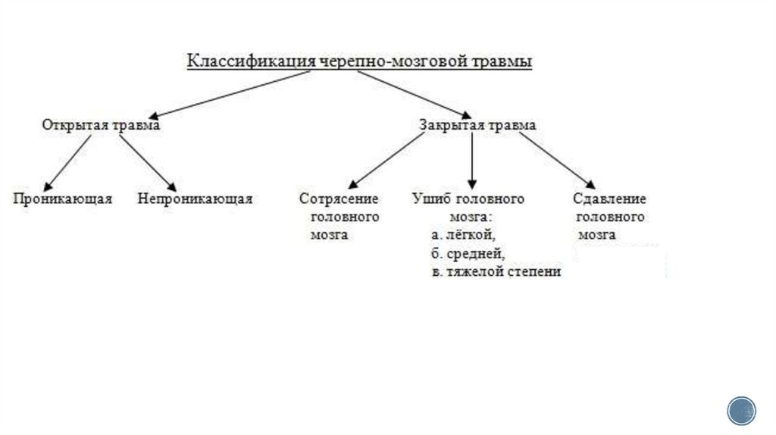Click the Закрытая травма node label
[477, 126]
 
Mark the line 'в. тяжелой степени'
[496, 271]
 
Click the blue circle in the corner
[742, 410]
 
